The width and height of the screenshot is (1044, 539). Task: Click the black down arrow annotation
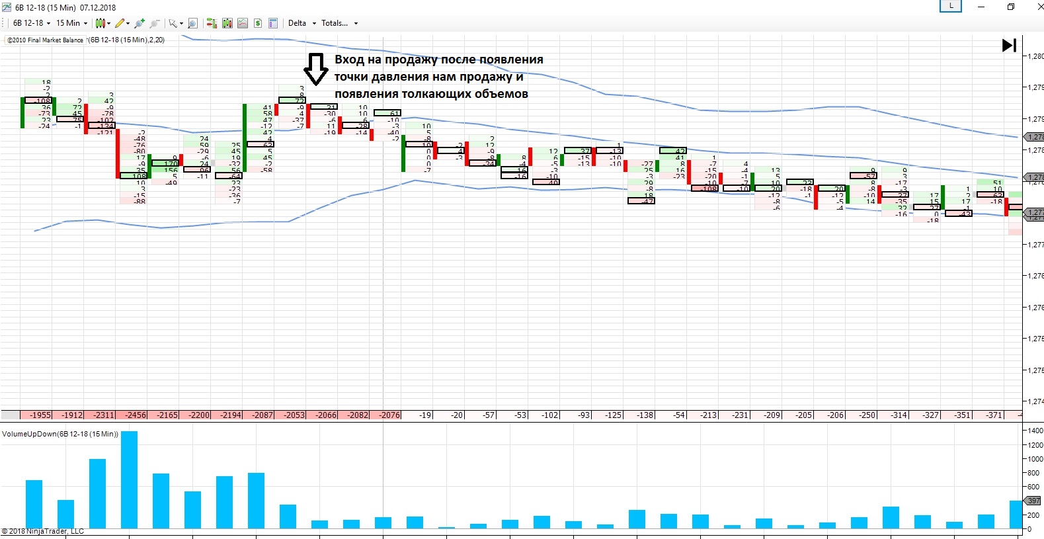(315, 69)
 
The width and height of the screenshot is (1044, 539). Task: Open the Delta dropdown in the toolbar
(301, 23)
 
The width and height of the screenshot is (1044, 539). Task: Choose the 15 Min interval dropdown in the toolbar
(71, 23)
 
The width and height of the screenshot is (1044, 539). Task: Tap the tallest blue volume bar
(129, 479)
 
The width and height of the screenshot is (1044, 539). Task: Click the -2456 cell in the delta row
(136, 415)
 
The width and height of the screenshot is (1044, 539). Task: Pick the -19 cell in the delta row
(424, 415)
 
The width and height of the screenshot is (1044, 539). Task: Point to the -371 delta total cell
(994, 415)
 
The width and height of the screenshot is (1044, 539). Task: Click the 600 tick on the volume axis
(1033, 487)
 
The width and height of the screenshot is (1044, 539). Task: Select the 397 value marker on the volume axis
(1033, 501)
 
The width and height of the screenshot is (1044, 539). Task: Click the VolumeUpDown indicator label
(60, 435)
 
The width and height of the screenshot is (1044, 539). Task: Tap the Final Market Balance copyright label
(46, 40)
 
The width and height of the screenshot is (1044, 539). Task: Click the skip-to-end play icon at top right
(1009, 45)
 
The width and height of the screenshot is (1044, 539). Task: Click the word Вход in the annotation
(349, 60)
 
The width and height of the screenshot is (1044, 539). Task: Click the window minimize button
(981, 7)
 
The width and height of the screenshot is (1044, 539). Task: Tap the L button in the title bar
(951, 6)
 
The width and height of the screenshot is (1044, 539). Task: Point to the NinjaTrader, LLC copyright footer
(43, 531)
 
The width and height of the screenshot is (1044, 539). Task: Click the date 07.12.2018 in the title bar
(98, 8)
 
